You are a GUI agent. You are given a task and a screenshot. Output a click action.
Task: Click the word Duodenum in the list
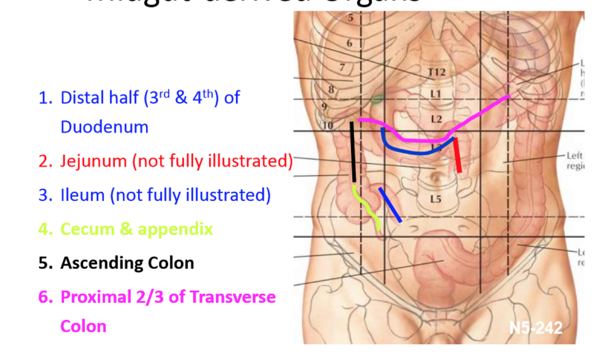pyautogui.click(x=104, y=127)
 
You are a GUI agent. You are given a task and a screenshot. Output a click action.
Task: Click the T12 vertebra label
pyautogui.click(x=436, y=72)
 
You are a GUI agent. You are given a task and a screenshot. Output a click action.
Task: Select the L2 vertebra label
pyautogui.click(x=436, y=119)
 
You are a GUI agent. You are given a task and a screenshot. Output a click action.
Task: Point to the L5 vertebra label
pyautogui.click(x=435, y=199)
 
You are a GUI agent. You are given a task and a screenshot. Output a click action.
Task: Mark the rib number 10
pyautogui.click(x=328, y=126)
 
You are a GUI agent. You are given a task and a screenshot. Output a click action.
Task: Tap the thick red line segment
pyautogui.click(x=457, y=155)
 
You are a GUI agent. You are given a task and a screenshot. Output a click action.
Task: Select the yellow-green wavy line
pyautogui.click(x=368, y=207)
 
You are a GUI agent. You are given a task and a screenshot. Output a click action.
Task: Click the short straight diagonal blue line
pyautogui.click(x=390, y=205)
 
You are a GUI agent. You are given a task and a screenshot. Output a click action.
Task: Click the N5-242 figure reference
pyautogui.click(x=536, y=327)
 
